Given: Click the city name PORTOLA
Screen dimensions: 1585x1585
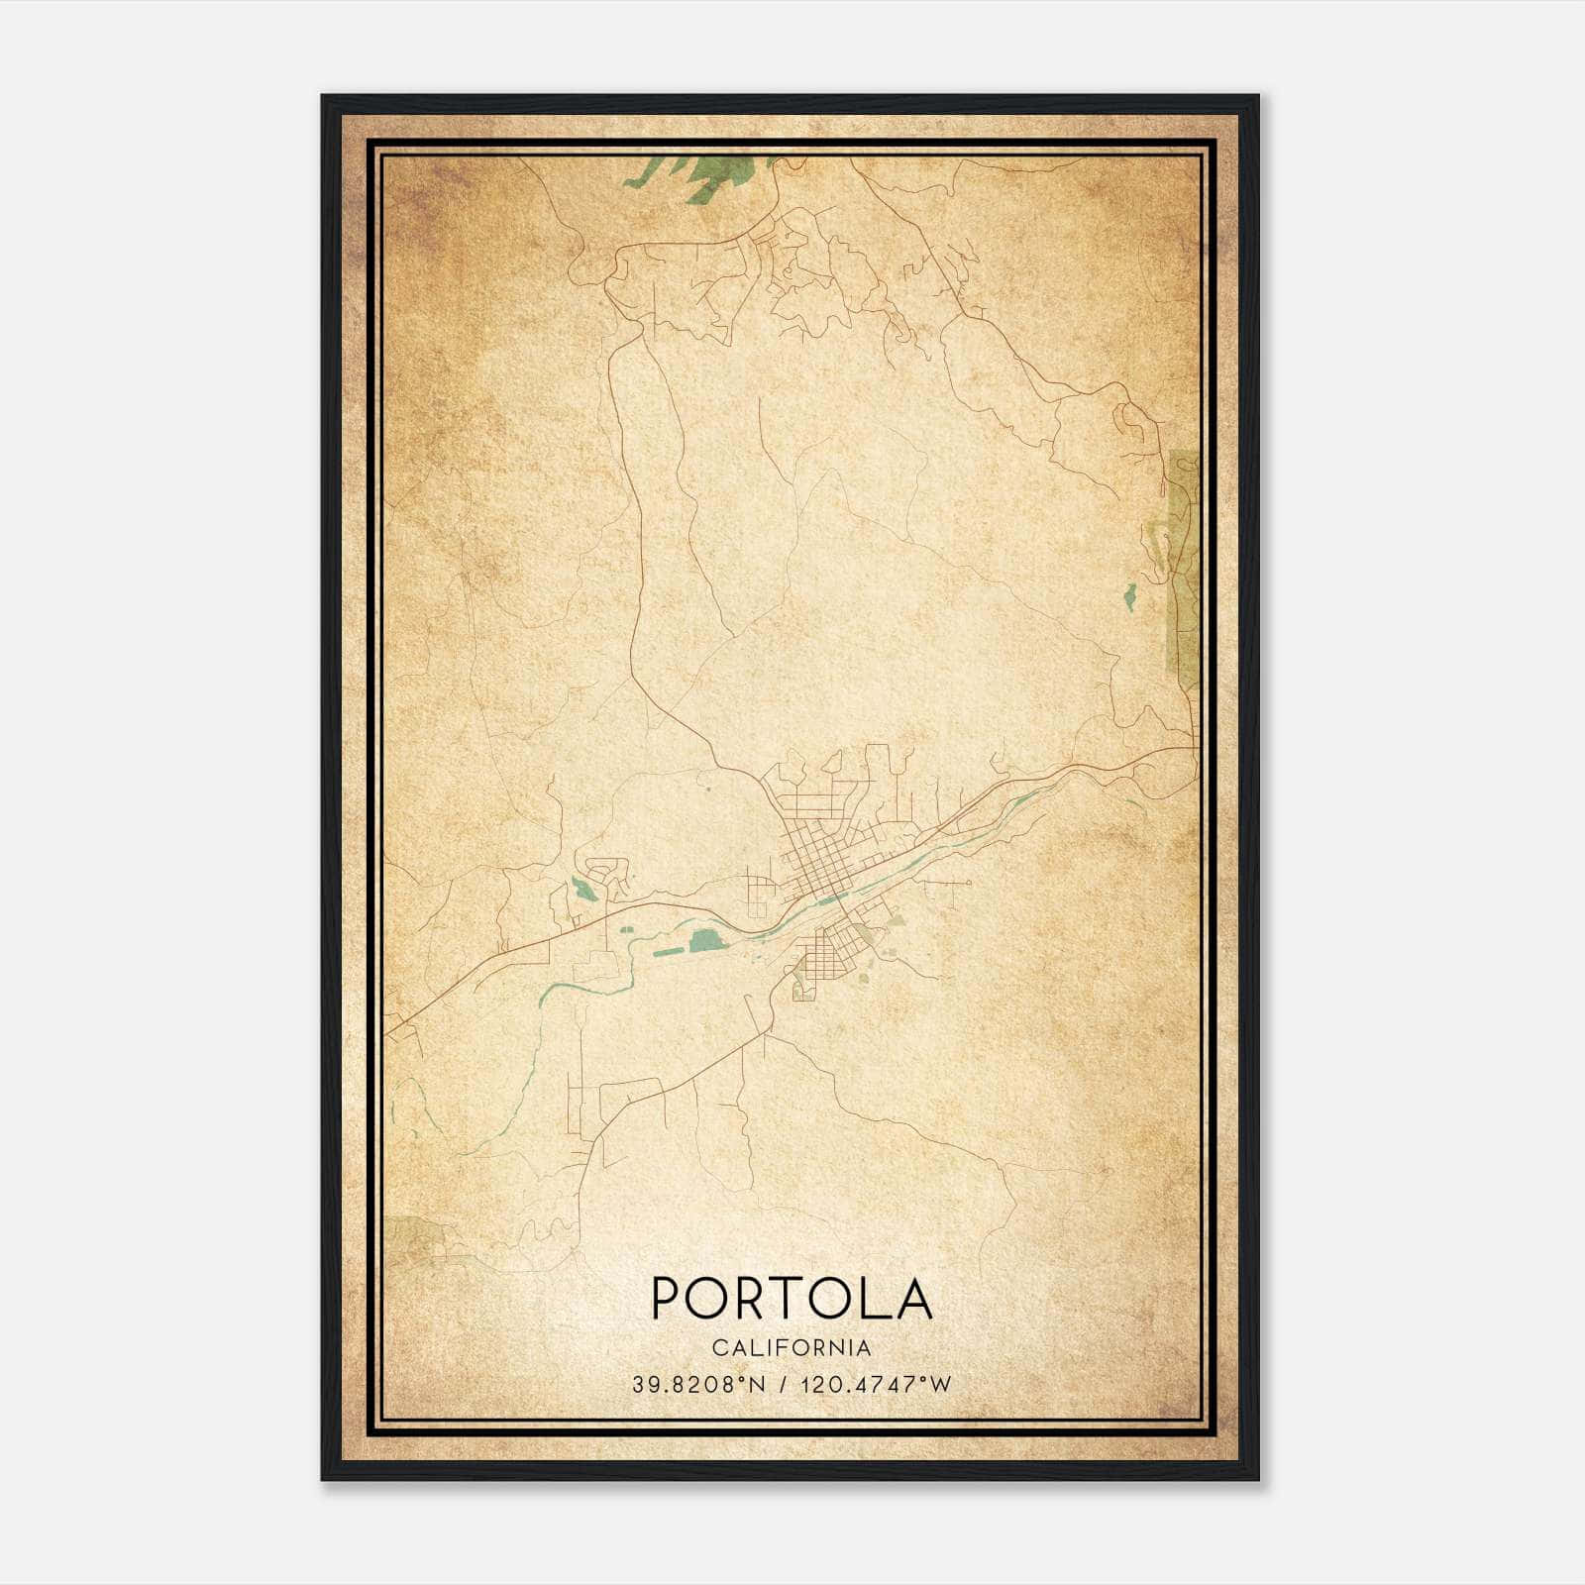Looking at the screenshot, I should (792, 1298).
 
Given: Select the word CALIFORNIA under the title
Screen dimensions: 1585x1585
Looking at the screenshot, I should (792, 1348).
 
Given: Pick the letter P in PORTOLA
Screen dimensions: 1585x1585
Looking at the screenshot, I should (665, 1298).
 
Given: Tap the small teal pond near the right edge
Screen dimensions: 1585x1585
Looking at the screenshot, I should (1128, 595).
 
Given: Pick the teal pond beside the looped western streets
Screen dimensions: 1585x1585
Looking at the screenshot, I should (585, 890).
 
